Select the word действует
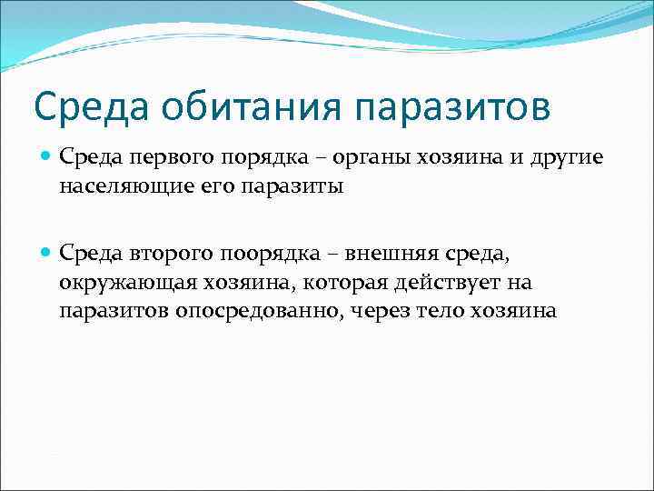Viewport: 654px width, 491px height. click(x=449, y=284)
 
